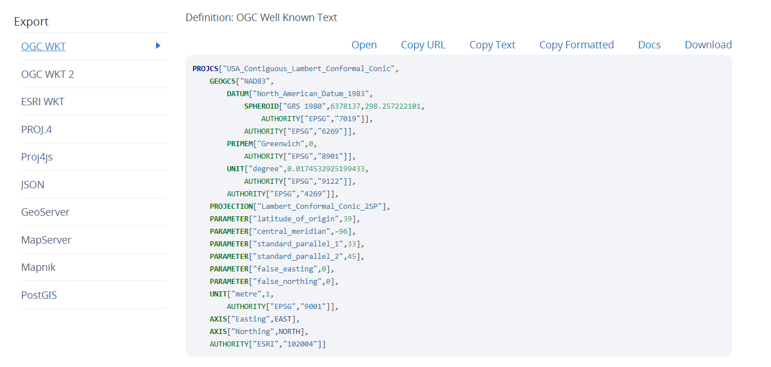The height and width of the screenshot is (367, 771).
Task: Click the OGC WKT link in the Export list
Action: pyautogui.click(x=43, y=47)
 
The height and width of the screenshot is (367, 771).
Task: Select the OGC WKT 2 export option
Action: pyautogui.click(x=47, y=75)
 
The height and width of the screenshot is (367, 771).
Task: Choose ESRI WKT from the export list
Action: pyautogui.click(x=43, y=102)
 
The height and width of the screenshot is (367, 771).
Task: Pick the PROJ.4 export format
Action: pyautogui.click(x=36, y=129)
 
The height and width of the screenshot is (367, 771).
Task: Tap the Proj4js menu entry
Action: pyautogui.click(x=37, y=157)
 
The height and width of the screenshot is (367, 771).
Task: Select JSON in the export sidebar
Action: pyautogui.click(x=32, y=185)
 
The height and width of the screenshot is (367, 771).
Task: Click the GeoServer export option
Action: pyautogui.click(x=45, y=212)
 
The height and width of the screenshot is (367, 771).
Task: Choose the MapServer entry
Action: pyautogui.click(x=46, y=240)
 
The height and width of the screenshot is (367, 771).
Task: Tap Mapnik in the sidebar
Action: pyautogui.click(x=38, y=267)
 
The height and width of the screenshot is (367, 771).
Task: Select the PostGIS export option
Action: pyautogui.click(x=39, y=295)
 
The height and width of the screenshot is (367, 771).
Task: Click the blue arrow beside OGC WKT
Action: pyautogui.click(x=158, y=46)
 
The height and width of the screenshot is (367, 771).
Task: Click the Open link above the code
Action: pyautogui.click(x=364, y=45)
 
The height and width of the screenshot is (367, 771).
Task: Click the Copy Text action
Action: pyautogui.click(x=492, y=45)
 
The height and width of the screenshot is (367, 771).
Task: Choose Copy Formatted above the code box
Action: pyautogui.click(x=576, y=45)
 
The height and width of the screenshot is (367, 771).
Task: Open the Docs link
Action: pyautogui.click(x=649, y=45)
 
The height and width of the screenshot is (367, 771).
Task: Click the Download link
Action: pyautogui.click(x=708, y=45)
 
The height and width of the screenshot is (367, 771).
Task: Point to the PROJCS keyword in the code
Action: pyautogui.click(x=206, y=69)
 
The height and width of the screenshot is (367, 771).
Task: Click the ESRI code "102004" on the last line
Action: pyautogui.click(x=300, y=344)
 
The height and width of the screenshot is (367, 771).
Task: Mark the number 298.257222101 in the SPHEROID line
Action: pyautogui.click(x=392, y=106)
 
